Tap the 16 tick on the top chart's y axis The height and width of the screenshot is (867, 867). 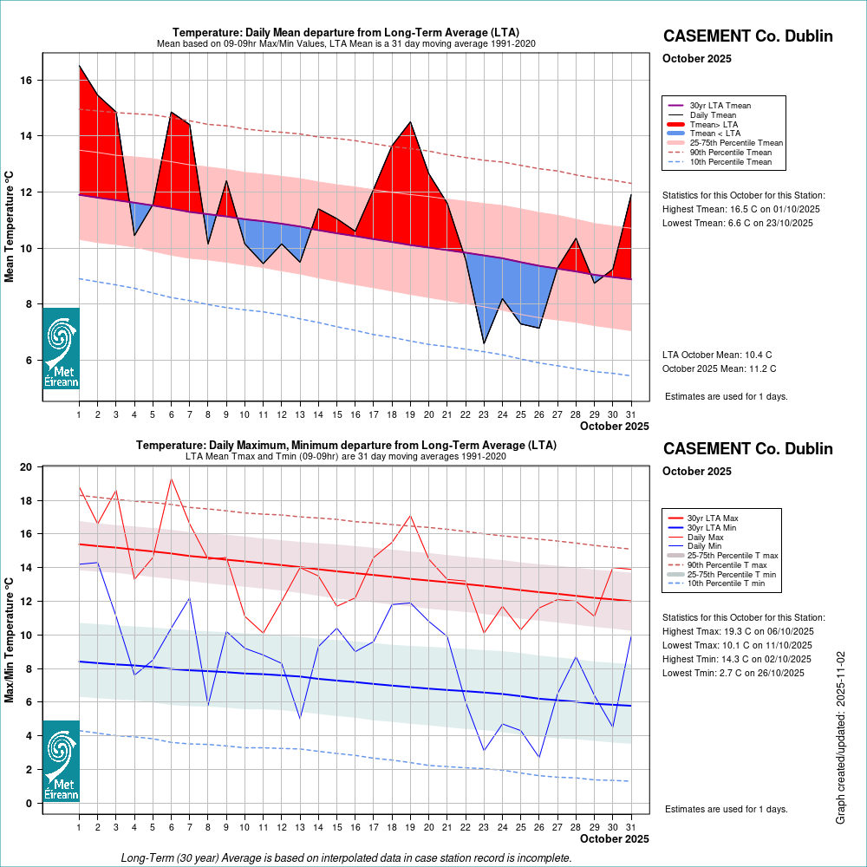point(26,81)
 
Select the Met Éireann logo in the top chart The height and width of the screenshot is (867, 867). point(61,349)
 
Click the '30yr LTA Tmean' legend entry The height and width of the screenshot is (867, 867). point(720,106)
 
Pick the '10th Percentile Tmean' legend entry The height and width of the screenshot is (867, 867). point(730,161)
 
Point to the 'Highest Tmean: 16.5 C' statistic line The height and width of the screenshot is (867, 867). point(741,209)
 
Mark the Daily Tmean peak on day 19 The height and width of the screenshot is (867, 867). point(410,122)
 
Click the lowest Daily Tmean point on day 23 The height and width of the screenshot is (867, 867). point(484,343)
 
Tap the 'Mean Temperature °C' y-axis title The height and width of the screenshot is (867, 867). point(10,225)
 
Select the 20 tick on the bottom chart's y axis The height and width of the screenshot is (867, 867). point(26,467)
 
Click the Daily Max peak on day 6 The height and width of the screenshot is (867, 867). point(171,479)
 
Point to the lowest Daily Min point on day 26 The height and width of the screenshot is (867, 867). point(538,758)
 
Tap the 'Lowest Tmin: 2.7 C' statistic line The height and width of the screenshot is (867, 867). point(737,673)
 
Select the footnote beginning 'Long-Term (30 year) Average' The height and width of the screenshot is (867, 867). point(346,857)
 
